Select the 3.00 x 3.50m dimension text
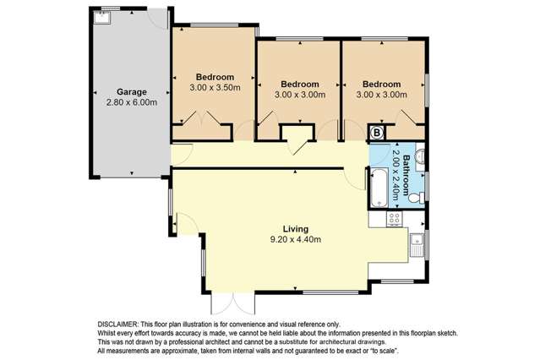tap(215, 86)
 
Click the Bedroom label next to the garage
tap(215, 76)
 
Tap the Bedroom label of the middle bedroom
tap(299, 84)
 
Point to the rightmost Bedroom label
tap(382, 84)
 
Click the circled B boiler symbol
tap(377, 133)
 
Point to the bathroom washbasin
tap(421, 157)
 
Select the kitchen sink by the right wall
tap(417, 245)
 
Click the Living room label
tap(295, 229)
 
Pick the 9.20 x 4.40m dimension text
tap(295, 240)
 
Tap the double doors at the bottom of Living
tap(224, 306)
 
